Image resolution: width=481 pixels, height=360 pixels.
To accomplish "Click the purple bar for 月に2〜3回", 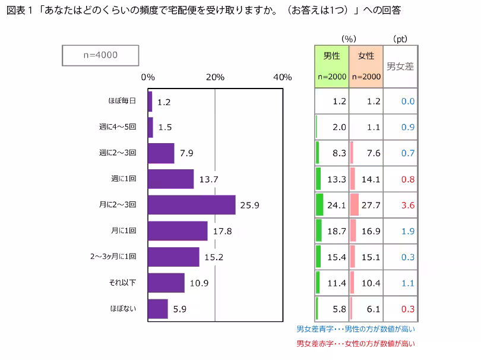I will [x=191, y=205].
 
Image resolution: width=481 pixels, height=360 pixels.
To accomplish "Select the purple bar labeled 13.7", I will [x=170, y=179].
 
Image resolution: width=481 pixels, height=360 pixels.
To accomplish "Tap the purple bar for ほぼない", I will [x=157, y=309].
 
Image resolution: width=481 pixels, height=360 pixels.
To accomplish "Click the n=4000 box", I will [x=100, y=55].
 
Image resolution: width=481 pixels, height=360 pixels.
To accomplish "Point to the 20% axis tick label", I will [x=215, y=77].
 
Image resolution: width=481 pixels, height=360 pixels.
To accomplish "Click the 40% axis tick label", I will [x=283, y=77].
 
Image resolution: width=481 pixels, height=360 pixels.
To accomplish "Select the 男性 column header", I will [x=331, y=65].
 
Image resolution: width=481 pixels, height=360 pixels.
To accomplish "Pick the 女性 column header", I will [x=366, y=65].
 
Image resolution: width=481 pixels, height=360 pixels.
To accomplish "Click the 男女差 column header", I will [x=400, y=67].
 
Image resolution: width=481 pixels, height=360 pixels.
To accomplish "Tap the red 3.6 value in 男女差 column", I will [x=407, y=206].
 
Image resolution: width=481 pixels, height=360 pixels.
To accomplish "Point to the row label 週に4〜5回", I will [x=118, y=127].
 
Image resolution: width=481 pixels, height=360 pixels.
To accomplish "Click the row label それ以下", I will [x=123, y=283].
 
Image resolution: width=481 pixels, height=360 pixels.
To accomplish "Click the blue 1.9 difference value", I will [x=407, y=231].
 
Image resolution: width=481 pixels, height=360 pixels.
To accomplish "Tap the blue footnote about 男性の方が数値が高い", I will [x=356, y=329].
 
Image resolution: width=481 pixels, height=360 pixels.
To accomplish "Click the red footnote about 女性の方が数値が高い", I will [x=356, y=343].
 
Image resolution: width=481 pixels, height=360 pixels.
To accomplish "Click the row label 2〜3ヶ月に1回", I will [x=113, y=257].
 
